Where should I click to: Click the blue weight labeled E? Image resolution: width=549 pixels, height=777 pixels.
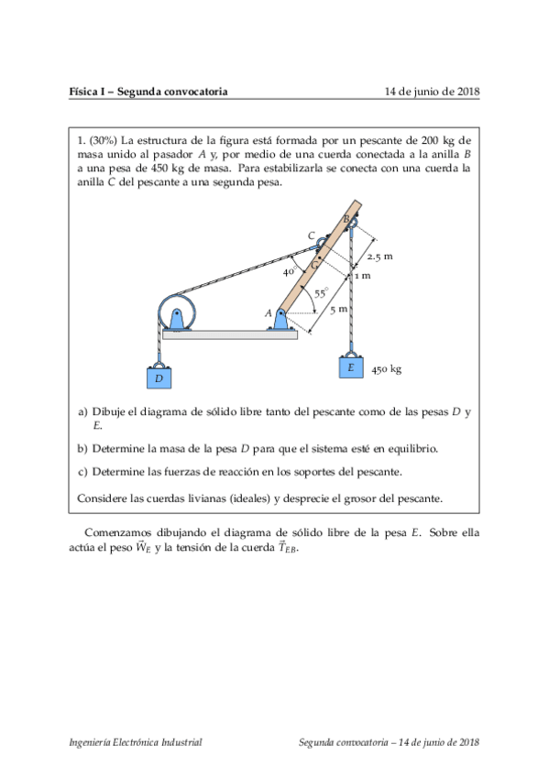point(350,367)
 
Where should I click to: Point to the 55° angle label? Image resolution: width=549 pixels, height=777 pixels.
point(320,293)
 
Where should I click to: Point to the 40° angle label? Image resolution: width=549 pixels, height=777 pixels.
point(289,272)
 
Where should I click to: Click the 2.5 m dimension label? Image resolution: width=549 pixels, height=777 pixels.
point(379,257)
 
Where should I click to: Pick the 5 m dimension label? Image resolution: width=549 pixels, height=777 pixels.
point(338,310)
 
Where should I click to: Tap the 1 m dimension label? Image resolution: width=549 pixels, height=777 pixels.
point(363,275)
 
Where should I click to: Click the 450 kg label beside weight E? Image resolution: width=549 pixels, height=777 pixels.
point(387,370)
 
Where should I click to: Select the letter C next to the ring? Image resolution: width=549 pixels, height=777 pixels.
point(311,236)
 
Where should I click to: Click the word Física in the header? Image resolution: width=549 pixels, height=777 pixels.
point(83,92)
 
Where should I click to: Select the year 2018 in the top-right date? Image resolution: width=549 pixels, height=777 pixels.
point(467,92)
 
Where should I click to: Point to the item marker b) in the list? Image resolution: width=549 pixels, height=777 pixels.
point(82,449)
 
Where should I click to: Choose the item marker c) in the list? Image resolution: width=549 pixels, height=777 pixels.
point(82,472)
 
